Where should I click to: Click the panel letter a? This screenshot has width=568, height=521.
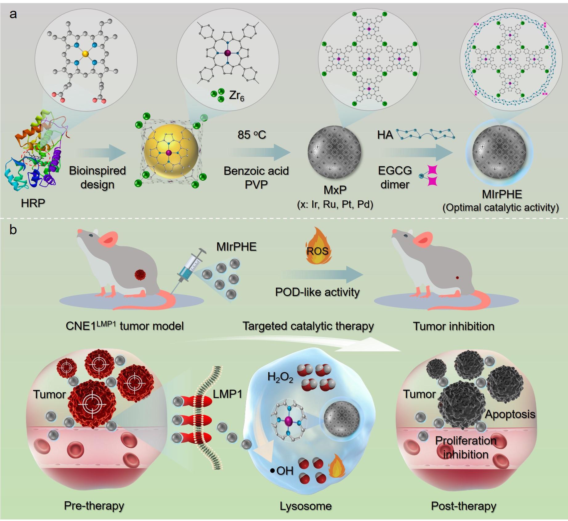click(13, 14)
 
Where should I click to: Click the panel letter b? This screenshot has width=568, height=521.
click(13, 230)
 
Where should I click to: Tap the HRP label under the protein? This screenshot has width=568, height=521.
click(33, 203)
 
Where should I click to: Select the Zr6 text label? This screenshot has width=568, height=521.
click(237, 96)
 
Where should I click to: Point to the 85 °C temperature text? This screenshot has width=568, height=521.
click(252, 135)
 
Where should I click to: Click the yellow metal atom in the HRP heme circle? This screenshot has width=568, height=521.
click(85, 54)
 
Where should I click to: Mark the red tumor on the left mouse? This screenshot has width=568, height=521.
click(140, 274)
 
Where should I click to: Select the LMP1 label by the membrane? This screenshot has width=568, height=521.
click(227, 394)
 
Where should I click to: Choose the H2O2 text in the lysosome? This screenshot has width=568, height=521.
click(280, 377)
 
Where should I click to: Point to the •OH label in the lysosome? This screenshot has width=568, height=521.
click(282, 471)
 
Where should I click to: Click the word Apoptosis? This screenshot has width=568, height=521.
click(510, 414)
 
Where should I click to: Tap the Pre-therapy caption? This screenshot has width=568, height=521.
click(94, 505)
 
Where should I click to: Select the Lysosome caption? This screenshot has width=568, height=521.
click(306, 506)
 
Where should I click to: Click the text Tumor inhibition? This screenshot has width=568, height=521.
click(453, 326)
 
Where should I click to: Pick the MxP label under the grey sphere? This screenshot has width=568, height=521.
click(335, 190)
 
